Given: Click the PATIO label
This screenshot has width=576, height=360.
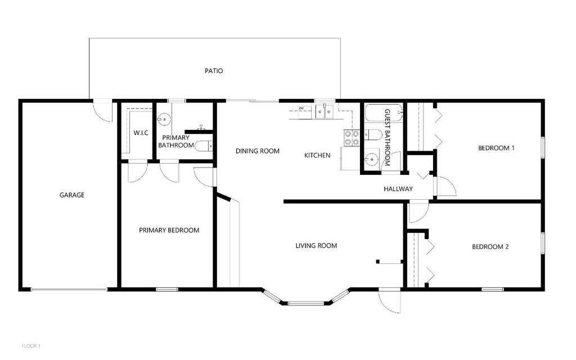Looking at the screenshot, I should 213,71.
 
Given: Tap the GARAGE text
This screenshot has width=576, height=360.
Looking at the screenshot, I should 72,195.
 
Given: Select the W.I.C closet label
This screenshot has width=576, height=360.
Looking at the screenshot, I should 141,133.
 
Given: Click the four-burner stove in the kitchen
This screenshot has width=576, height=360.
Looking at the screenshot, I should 352,138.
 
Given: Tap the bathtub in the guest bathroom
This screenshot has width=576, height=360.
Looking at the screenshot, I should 382,114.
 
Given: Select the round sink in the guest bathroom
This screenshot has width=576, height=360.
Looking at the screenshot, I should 372,160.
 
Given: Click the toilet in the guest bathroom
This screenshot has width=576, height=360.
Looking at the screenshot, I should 371,134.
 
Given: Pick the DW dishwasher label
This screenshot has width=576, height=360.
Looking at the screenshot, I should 301,108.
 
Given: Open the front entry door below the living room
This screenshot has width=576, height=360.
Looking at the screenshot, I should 389,301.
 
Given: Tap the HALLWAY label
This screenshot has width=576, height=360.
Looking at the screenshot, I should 398,189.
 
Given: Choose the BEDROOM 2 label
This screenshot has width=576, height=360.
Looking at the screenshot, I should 490,246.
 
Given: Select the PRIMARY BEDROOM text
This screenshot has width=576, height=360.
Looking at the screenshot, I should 169,230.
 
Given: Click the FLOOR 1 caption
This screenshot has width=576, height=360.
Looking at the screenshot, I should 31,345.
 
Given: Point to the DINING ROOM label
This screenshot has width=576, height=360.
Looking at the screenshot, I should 257,151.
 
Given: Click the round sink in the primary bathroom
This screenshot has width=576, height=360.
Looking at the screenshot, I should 165,119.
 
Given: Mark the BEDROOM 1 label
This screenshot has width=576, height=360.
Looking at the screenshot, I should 496,148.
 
